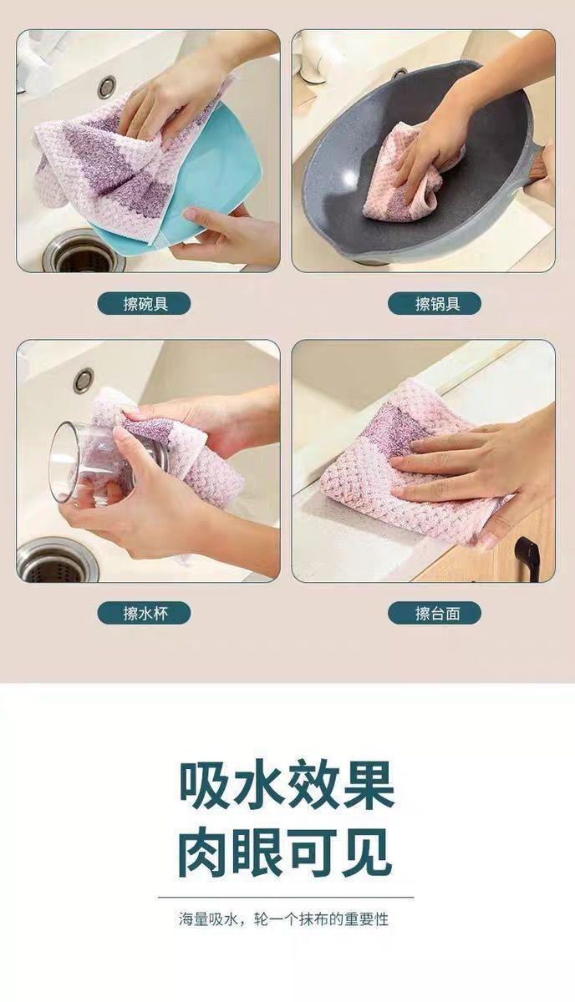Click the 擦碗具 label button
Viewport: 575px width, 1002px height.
pyautogui.click(x=145, y=304)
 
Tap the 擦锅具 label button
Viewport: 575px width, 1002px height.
pyautogui.click(x=435, y=304)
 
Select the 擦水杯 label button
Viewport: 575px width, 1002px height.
pyautogui.click(x=145, y=613)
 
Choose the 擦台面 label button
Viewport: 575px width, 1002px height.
pyautogui.click(x=435, y=613)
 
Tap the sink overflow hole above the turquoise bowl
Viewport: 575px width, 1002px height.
pyautogui.click(x=107, y=86)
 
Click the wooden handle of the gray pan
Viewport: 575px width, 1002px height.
pyautogui.click(x=539, y=164)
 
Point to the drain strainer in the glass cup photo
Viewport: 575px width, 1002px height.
pyautogui.click(x=58, y=561)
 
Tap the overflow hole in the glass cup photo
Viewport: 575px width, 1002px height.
pyautogui.click(x=84, y=380)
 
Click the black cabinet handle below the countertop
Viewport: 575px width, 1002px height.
pyautogui.click(x=528, y=559)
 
